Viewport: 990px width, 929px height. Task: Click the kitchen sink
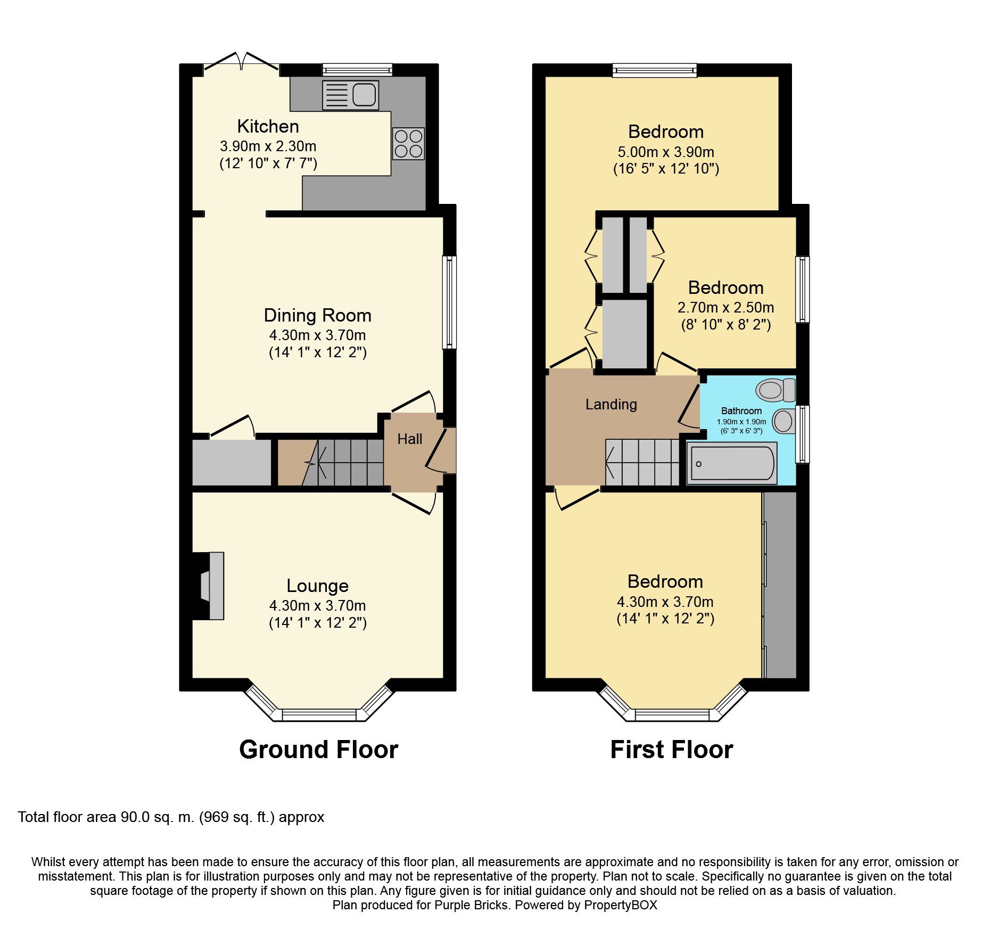point(351,95)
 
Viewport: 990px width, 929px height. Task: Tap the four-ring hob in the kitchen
point(409,144)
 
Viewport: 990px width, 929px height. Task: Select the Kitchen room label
point(268,126)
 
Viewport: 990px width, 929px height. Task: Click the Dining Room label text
point(317,315)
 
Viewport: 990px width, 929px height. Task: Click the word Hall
point(409,439)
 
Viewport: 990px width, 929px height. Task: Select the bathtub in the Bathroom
point(731,463)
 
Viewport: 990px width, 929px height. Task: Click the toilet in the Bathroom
point(775,390)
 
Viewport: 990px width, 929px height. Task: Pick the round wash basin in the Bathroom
point(783,421)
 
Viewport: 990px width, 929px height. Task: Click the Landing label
point(611,405)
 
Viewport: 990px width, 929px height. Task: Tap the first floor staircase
point(642,462)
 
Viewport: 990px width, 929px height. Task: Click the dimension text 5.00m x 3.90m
point(666,152)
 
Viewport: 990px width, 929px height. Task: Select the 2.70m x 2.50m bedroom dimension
point(725,308)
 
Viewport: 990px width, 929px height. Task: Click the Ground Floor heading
point(318,750)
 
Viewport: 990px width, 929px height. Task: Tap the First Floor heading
point(671,750)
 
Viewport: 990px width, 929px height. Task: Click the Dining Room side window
point(450,302)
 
